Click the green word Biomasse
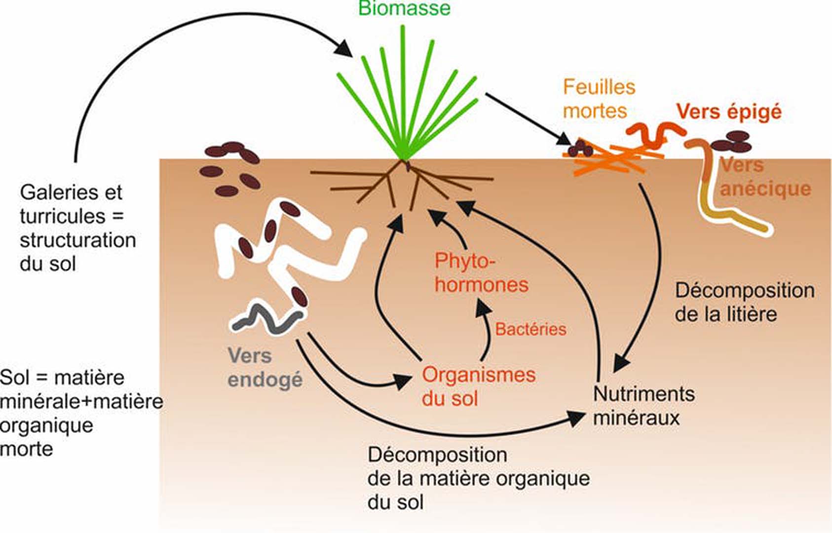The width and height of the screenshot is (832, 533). (x=404, y=8)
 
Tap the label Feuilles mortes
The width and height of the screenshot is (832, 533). (x=599, y=99)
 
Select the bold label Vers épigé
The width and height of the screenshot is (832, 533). (x=729, y=112)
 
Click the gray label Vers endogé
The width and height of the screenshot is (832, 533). (x=265, y=368)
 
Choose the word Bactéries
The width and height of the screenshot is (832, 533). (x=530, y=329)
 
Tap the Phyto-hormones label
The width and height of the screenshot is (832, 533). (x=481, y=273)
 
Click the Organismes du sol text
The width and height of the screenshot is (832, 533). (x=478, y=386)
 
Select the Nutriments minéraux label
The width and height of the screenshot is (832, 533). (x=643, y=406)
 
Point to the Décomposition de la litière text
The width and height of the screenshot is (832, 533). (x=744, y=302)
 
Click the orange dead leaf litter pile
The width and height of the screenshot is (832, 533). (x=612, y=157)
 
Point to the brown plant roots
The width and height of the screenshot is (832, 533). (x=402, y=183)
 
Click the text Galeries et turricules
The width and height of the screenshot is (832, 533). (x=72, y=204)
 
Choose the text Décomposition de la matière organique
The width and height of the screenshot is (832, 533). (x=478, y=478)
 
